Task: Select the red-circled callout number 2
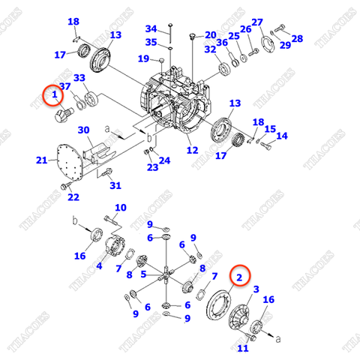pyautogui.click(x=240, y=277)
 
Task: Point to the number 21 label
pyautogui.click(x=42, y=160)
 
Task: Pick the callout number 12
pyautogui.click(x=193, y=150)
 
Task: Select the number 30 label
pyautogui.click(x=83, y=130)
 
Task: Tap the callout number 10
pyautogui.click(x=120, y=208)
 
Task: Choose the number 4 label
pyautogui.click(x=99, y=265)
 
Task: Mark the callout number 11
pyautogui.click(x=241, y=348)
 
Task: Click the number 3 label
pyautogui.click(x=256, y=289)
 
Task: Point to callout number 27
pyautogui.click(x=257, y=22)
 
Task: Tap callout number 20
pyautogui.click(x=210, y=34)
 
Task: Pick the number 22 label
pyautogui.click(x=73, y=197)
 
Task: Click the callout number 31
pyautogui.click(x=115, y=185)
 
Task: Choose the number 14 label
pyautogui.click(x=282, y=136)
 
